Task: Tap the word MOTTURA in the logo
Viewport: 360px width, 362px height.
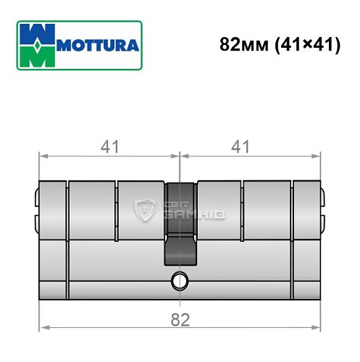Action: (100, 45)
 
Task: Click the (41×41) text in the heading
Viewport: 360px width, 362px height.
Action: (304, 44)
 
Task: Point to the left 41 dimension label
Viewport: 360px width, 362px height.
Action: (109, 147)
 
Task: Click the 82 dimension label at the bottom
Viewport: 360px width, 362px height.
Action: (178, 319)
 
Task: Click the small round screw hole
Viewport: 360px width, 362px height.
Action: (178, 282)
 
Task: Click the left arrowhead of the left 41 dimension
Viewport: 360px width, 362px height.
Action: (43, 154)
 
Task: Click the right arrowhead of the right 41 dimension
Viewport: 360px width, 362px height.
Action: (316, 154)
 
